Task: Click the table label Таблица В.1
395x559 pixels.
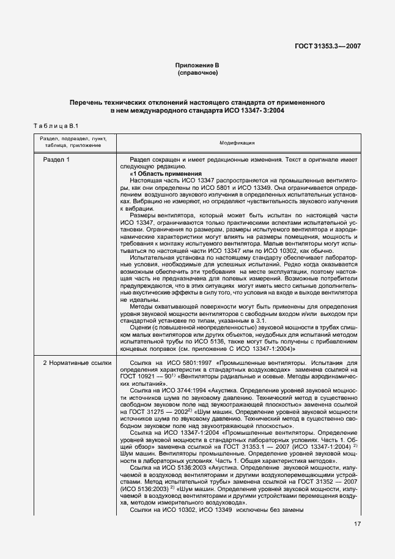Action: point(53,126)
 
